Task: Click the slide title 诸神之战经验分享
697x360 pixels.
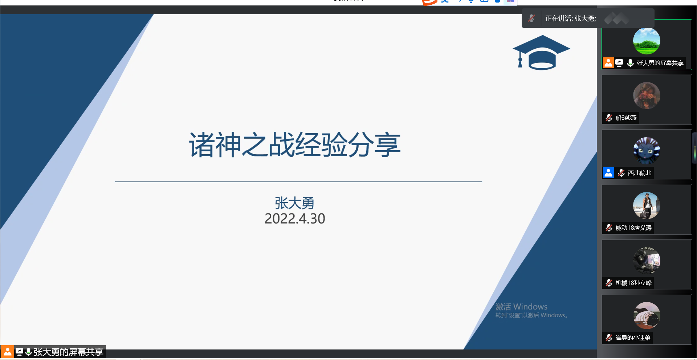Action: [x=294, y=144]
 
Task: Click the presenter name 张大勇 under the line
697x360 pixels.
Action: [x=294, y=203]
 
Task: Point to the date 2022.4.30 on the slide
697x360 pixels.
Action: [x=295, y=218]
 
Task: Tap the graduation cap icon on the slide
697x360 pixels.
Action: [x=541, y=53]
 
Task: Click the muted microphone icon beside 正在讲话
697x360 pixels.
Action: [x=531, y=18]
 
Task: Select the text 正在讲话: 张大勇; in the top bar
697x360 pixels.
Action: [x=571, y=19]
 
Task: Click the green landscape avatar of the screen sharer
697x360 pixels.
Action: [x=647, y=41]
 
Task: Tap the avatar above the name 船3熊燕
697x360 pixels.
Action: [x=647, y=96]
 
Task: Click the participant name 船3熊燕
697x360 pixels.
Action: [x=626, y=118]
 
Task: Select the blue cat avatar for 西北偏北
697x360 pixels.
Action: [x=647, y=151]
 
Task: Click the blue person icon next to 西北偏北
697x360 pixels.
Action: [x=608, y=173]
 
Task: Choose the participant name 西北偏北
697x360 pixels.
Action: [x=640, y=173]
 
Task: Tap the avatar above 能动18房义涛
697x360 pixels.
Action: [x=647, y=206]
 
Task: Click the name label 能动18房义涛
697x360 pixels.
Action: [x=633, y=228]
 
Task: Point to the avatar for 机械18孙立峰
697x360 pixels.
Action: [x=647, y=261]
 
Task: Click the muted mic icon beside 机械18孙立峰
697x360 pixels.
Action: [x=609, y=283]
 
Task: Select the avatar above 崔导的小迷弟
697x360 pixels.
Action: [x=647, y=316]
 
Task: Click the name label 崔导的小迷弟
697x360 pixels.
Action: [x=633, y=338]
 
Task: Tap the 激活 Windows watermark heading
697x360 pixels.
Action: [x=521, y=307]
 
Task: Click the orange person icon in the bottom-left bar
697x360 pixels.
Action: [x=7, y=352]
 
